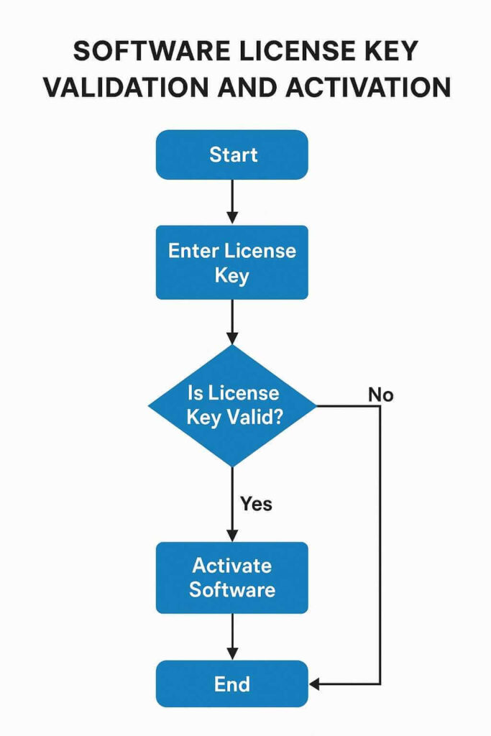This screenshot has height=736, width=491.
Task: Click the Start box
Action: pos(231,155)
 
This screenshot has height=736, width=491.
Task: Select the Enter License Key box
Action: pos(231,262)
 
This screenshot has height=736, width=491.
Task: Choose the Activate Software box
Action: pos(231,577)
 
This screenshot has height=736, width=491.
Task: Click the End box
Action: pos(231,684)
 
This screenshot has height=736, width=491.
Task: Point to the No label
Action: pos(380,395)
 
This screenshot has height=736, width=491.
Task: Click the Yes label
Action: pos(256,504)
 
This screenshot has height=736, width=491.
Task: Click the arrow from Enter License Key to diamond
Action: pos(231,321)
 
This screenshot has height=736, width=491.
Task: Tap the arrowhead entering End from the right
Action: pos(315,684)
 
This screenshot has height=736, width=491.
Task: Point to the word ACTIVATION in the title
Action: pos(367,86)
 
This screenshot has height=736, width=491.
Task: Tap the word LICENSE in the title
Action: pos(292,52)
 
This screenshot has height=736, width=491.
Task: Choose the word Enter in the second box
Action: pos(193,251)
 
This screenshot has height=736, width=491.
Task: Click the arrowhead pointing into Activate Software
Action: pos(231,535)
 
